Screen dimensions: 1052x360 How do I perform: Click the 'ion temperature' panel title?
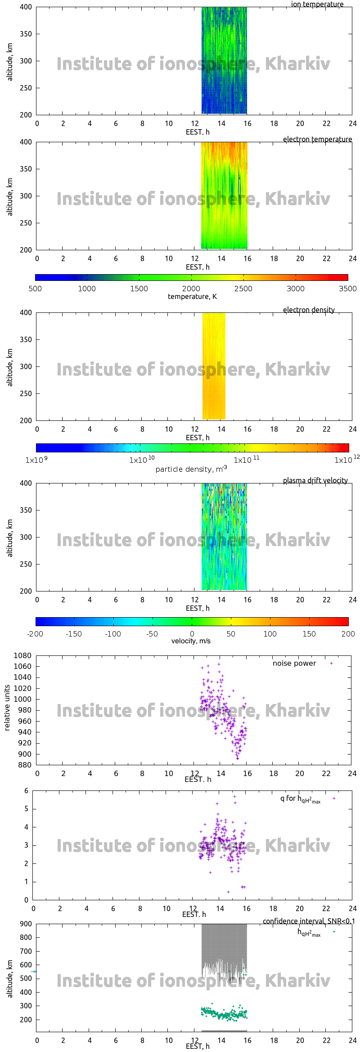[x=317, y=5]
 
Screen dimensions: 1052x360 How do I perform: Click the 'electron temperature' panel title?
[x=317, y=140]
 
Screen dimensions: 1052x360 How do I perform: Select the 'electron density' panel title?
[x=309, y=310]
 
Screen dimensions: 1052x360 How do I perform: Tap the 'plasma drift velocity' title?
[x=315, y=481]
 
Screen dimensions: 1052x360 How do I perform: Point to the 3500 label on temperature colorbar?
[x=347, y=289]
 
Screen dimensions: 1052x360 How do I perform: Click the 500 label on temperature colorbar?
[x=35, y=289]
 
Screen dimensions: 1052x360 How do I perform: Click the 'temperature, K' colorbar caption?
[x=192, y=297]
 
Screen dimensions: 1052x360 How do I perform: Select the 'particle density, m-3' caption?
[x=191, y=469]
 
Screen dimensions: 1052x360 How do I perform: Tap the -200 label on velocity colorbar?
[x=35, y=634]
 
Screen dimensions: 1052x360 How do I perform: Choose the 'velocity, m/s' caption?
[x=191, y=641]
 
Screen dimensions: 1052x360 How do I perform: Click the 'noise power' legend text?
[x=294, y=664]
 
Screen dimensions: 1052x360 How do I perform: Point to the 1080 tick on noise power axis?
[x=22, y=656]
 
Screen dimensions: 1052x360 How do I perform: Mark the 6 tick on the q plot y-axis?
[x=27, y=791]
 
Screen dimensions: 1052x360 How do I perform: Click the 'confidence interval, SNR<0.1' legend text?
[x=309, y=921]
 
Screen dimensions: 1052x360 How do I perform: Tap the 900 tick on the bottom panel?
[x=26, y=924]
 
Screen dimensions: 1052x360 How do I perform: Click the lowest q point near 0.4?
[x=228, y=892]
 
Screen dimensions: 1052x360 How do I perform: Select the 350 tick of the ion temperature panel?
[x=26, y=34]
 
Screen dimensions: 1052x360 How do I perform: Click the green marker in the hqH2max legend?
[x=334, y=932]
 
